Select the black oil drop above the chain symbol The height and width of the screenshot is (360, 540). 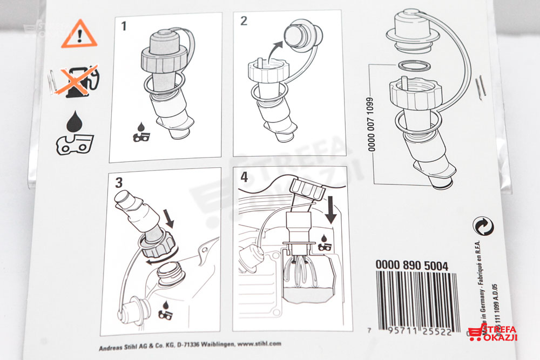76,121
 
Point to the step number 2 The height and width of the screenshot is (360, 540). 244,22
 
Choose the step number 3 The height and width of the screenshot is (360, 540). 119,181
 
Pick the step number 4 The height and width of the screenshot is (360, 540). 244,176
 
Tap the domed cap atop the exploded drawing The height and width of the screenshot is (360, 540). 415,31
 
